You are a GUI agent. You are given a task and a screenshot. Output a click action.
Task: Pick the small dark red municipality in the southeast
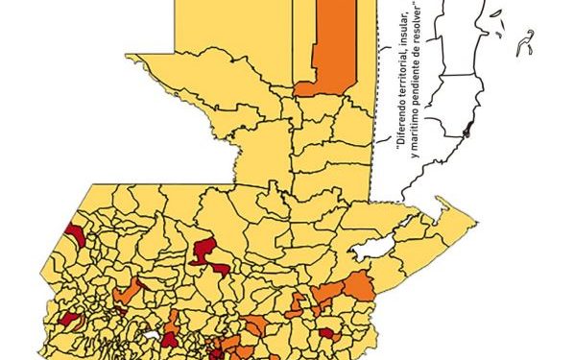coord(326,333)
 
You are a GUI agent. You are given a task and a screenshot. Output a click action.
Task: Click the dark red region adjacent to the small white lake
coord(170,337)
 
